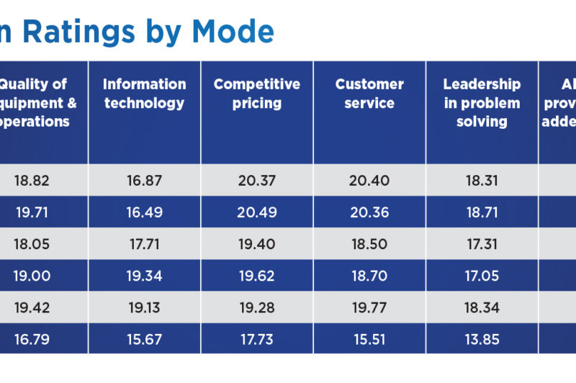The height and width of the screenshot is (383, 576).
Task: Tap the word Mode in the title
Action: click(x=232, y=32)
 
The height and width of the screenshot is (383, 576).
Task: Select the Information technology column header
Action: click(x=144, y=94)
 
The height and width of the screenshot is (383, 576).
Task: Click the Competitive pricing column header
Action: click(x=256, y=94)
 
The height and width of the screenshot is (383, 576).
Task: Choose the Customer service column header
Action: click(x=369, y=94)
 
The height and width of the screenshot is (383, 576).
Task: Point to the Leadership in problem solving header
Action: click(x=482, y=103)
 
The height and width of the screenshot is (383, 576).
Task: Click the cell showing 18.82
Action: click(x=31, y=181)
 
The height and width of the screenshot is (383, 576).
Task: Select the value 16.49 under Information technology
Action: click(x=144, y=212)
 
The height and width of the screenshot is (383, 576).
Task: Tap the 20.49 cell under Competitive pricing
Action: click(x=256, y=212)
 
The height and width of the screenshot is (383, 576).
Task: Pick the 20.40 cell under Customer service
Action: click(x=369, y=181)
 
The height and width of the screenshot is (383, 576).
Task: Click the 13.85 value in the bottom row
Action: click(x=482, y=339)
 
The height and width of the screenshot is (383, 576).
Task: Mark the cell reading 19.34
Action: click(x=144, y=276)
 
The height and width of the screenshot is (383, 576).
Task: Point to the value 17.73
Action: click(x=256, y=339)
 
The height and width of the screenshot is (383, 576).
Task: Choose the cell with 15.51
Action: click(x=369, y=339)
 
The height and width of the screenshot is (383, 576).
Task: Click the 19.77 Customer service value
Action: click(x=369, y=307)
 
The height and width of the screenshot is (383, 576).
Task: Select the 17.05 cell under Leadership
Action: click(x=482, y=276)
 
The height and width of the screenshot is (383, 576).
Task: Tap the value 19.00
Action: click(x=31, y=276)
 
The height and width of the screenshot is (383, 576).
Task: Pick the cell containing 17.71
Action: click(x=144, y=244)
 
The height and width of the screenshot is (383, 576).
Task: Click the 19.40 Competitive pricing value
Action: click(x=256, y=244)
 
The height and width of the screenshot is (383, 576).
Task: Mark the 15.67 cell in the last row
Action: click(x=144, y=339)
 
